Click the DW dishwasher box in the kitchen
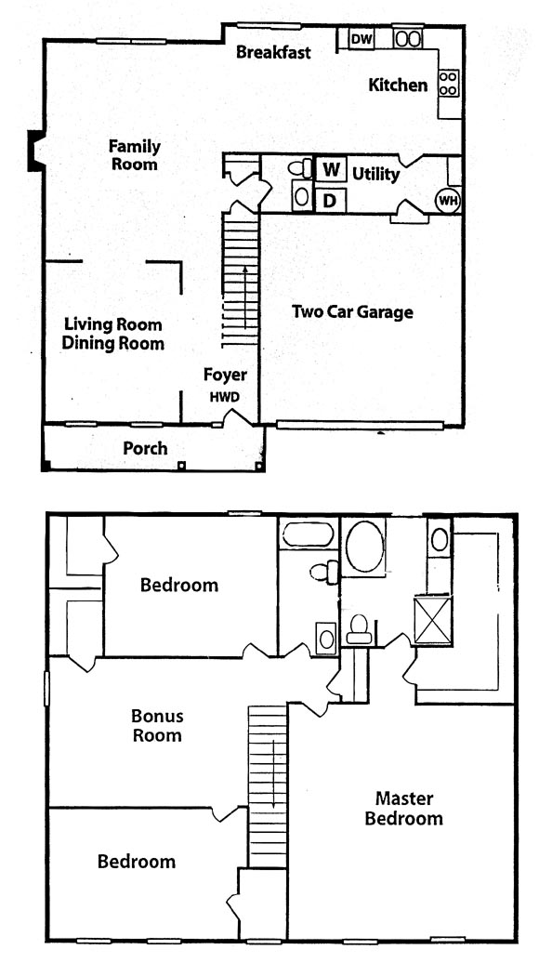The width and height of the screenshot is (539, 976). [362, 39]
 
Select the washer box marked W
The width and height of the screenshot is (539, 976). [331, 169]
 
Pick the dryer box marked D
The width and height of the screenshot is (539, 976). [331, 201]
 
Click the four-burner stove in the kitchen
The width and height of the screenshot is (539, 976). [449, 84]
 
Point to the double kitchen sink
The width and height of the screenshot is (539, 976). [408, 39]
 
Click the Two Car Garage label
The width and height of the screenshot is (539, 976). [352, 311]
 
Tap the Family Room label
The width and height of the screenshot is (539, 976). [135, 155]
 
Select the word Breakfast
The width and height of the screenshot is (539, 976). [273, 52]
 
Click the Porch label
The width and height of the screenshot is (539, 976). [145, 448]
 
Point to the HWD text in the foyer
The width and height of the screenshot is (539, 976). [225, 397]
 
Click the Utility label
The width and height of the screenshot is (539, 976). [376, 175]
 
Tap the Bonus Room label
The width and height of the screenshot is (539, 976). [156, 725]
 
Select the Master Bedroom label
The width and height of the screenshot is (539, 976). [404, 808]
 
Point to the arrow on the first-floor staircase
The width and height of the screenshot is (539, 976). [246, 297]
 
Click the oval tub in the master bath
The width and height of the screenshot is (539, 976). [364, 547]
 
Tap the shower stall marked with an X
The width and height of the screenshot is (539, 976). [433, 619]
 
